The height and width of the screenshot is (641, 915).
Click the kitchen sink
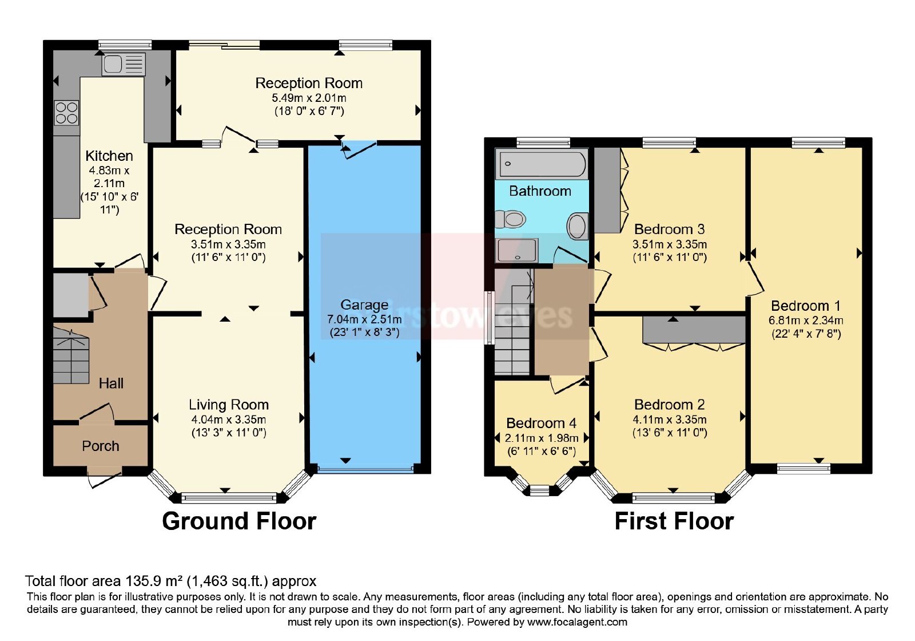124,64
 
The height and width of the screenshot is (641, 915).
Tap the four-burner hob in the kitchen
66,112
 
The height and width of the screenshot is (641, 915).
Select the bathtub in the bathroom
541,164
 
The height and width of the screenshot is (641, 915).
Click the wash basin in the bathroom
578,226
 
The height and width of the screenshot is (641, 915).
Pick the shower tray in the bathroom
517,250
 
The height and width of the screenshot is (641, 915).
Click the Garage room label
364,305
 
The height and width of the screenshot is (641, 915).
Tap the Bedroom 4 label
541,423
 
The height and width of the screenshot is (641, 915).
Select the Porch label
101,446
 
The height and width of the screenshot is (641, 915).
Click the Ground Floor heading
239,521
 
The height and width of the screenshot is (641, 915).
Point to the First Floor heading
674,521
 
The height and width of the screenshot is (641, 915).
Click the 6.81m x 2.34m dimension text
806,320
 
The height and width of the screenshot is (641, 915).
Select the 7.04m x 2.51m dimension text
364,319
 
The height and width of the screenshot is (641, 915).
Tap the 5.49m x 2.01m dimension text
309,98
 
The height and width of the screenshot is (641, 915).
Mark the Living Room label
229,405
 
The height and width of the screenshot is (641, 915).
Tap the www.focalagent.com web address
577,622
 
